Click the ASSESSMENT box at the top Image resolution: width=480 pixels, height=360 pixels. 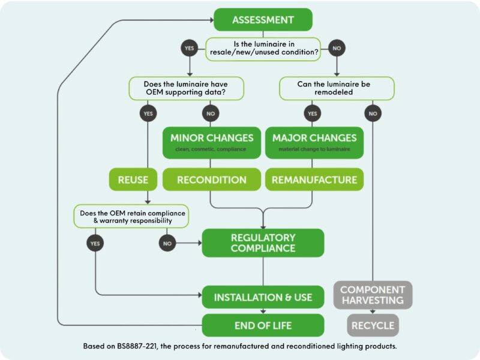pos(263,19)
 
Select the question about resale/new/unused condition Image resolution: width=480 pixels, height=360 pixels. pos(263,47)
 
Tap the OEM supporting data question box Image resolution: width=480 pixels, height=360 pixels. pos(187,88)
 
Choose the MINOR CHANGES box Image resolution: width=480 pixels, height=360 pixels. pos(211,142)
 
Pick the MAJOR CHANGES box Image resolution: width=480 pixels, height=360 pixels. pos(314,142)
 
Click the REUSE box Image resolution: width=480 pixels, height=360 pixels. pos(128,179)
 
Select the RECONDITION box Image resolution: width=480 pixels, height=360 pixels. pos(211,179)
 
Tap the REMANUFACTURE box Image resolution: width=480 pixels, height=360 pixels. pos(314,179)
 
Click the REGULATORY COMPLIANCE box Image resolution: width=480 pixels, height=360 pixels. pos(263,243)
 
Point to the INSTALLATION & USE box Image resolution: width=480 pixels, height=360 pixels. pos(263,298)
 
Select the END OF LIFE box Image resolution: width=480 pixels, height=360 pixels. pos(263,325)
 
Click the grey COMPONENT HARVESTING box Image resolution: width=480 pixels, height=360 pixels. pos(373,295)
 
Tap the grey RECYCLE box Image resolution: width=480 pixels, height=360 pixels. pos(373,326)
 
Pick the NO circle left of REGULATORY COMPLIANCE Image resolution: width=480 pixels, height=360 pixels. pos(167,243)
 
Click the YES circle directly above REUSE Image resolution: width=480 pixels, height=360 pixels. pos(148,112)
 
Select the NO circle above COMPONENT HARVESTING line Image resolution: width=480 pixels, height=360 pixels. pos(373,112)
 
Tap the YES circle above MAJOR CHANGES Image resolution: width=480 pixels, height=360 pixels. pos(312,112)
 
